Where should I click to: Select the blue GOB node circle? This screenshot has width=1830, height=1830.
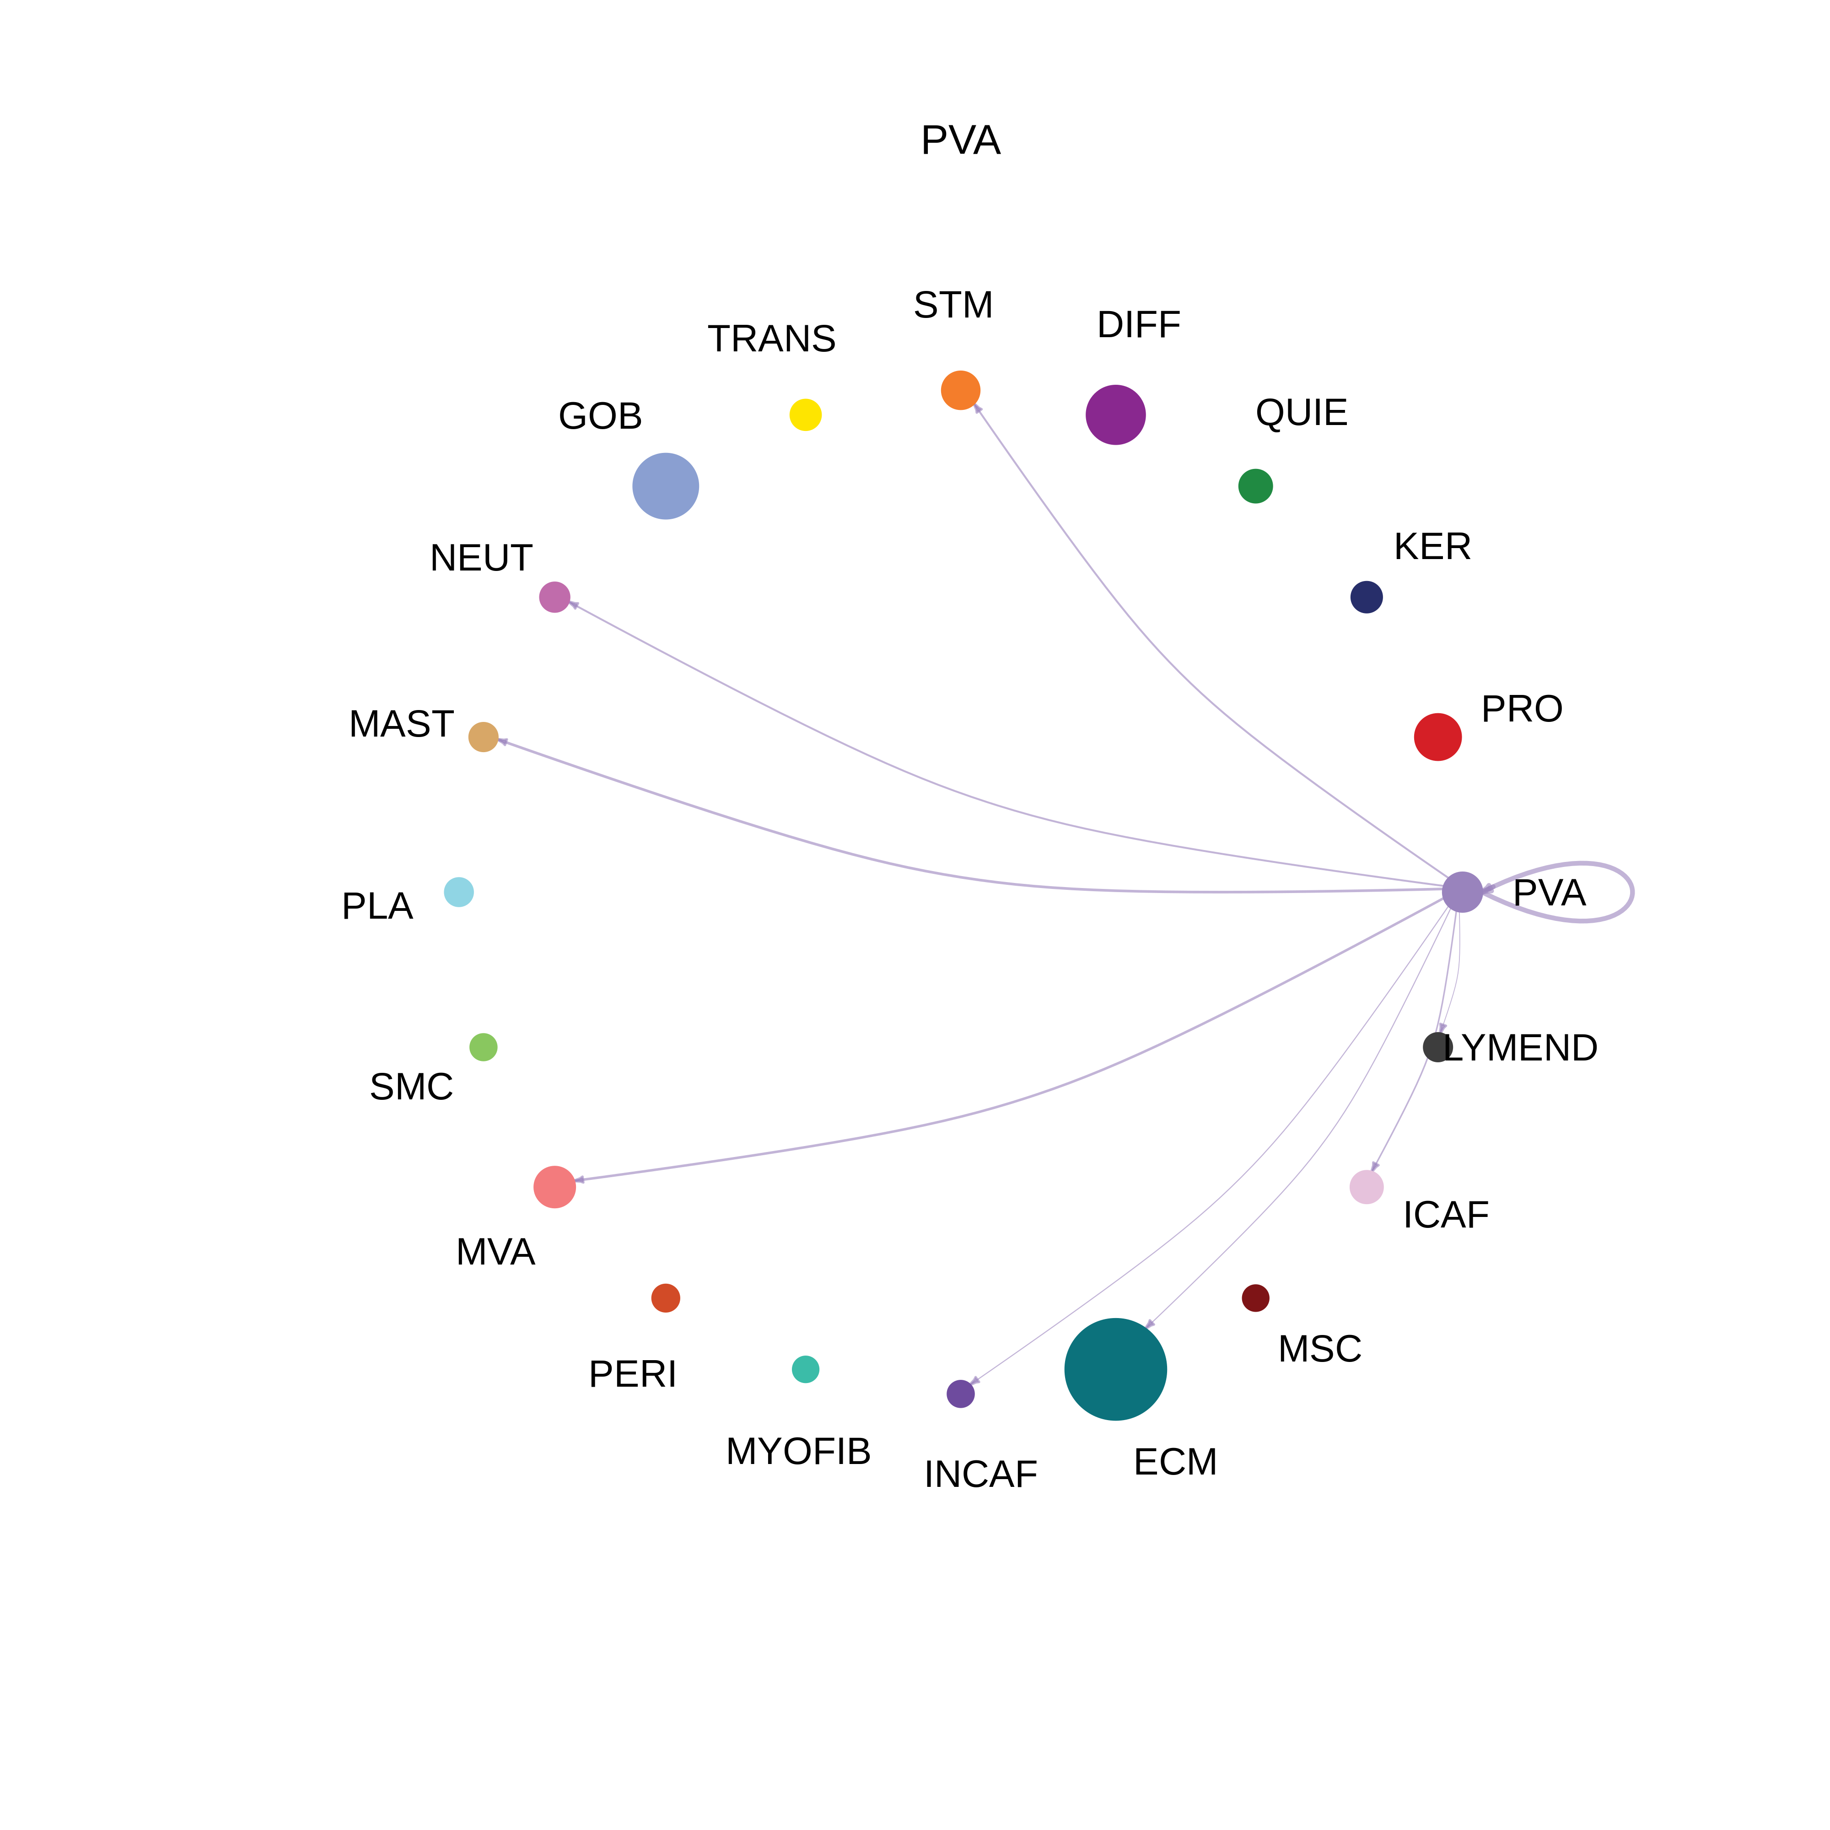[x=666, y=486]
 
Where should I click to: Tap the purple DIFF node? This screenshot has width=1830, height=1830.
[x=1116, y=415]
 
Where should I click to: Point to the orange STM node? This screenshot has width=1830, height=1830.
[x=960, y=390]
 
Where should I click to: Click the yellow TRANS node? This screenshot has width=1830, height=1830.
[x=805, y=415]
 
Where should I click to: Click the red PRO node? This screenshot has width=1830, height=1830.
[x=1438, y=737]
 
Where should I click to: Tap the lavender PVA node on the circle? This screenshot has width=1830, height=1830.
[x=1463, y=892]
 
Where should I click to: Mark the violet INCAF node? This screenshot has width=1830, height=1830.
[x=960, y=1394]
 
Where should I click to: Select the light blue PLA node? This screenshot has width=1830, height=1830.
[x=458, y=892]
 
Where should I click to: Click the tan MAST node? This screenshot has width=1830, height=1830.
[x=483, y=737]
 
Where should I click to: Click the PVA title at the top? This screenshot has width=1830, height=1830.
[x=960, y=140]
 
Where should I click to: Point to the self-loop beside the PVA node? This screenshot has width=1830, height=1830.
[x=1632, y=892]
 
